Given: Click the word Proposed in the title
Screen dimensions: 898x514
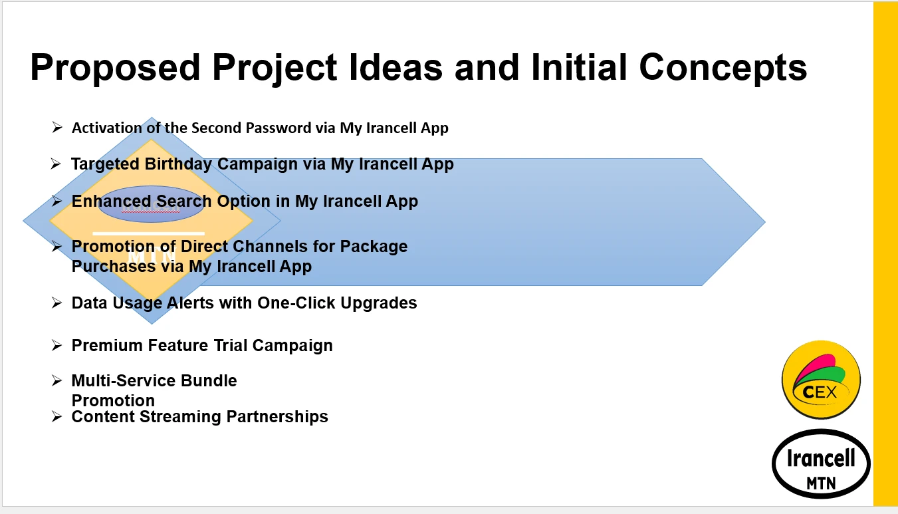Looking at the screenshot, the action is click(x=115, y=68).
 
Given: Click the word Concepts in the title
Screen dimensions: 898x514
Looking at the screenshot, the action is click(x=723, y=68).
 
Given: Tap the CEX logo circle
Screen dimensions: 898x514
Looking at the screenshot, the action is click(x=821, y=380).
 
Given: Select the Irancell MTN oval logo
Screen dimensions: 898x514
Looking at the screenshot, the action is click(x=821, y=464).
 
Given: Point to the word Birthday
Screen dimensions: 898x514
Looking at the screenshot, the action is click(x=178, y=164).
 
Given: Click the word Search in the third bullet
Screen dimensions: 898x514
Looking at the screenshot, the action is click(x=184, y=201).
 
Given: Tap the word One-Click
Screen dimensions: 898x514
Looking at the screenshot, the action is click(x=296, y=303).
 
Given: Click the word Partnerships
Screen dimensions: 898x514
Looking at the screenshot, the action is click(x=277, y=416).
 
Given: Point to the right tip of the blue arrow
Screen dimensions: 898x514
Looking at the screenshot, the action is click(x=765, y=221).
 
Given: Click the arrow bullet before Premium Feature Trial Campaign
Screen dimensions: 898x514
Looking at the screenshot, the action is click(x=57, y=345).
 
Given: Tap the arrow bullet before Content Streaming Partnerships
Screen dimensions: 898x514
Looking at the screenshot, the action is click(x=57, y=416).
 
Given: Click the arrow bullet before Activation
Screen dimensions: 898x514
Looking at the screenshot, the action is click(x=57, y=128).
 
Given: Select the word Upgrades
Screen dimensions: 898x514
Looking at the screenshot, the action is click(x=379, y=303).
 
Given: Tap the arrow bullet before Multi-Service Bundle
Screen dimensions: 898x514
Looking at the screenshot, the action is click(x=57, y=380).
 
